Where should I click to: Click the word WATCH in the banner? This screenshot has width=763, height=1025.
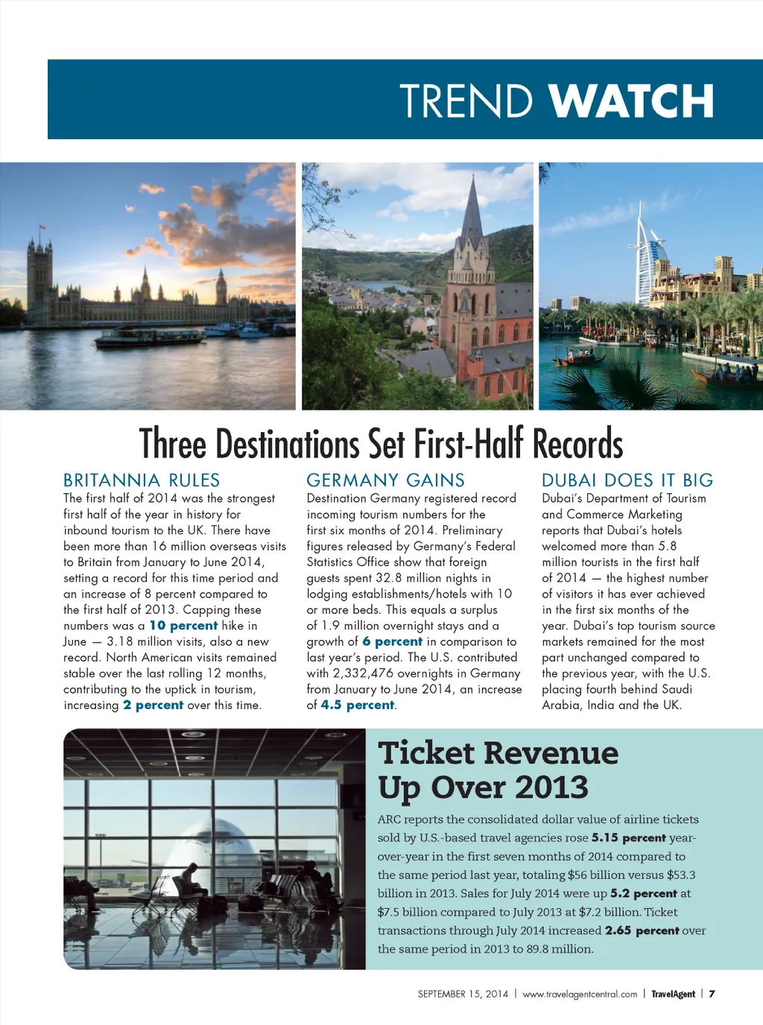click(631, 101)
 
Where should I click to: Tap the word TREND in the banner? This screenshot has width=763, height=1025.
click(466, 101)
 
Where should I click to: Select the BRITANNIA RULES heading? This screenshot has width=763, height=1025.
click(142, 480)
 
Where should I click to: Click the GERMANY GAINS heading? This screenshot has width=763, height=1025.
click(385, 480)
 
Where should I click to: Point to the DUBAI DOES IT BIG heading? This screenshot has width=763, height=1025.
click(627, 480)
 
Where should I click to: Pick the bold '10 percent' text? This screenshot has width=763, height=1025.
click(183, 626)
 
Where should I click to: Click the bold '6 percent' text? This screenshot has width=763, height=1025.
click(392, 641)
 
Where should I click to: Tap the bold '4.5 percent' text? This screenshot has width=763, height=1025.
click(358, 705)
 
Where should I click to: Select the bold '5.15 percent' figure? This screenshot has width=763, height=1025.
click(628, 838)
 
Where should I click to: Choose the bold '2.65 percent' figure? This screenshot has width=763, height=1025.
click(642, 930)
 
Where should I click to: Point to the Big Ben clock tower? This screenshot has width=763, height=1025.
click(221, 287)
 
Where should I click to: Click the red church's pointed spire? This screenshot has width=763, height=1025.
click(472, 209)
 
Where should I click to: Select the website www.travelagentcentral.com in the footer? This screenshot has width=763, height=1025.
click(580, 994)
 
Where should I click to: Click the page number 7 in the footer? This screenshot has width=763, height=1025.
click(712, 994)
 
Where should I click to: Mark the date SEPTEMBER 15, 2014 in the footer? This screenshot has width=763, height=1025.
click(463, 994)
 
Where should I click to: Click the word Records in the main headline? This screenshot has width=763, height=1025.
click(577, 444)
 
